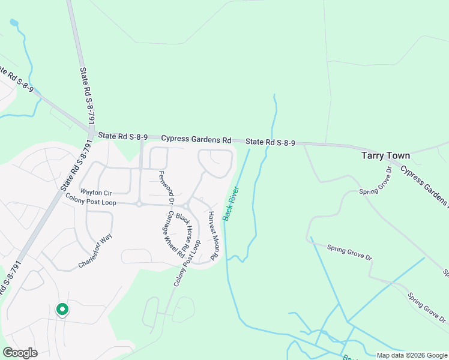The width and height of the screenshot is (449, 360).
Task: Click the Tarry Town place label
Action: (x=385, y=155)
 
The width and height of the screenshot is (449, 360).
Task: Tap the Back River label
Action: (x=231, y=203)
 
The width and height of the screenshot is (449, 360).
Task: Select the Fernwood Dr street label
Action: (x=161, y=186)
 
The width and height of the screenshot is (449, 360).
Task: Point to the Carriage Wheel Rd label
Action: (x=176, y=235)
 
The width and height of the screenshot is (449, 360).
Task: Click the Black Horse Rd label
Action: (x=187, y=233)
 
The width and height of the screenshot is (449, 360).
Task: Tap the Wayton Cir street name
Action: (x=97, y=193)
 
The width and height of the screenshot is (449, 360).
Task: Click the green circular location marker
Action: (x=62, y=309)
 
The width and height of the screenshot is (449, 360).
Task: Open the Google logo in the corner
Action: (x=20, y=353)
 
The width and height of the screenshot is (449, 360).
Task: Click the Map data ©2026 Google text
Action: (x=411, y=355)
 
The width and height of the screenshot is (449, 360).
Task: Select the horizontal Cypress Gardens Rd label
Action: (x=196, y=139)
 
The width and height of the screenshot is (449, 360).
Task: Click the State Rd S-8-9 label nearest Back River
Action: (x=271, y=142)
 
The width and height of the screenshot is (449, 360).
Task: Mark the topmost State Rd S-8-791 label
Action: (x=87, y=95)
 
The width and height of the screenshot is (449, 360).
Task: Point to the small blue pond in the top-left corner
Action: (x=14, y=24)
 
